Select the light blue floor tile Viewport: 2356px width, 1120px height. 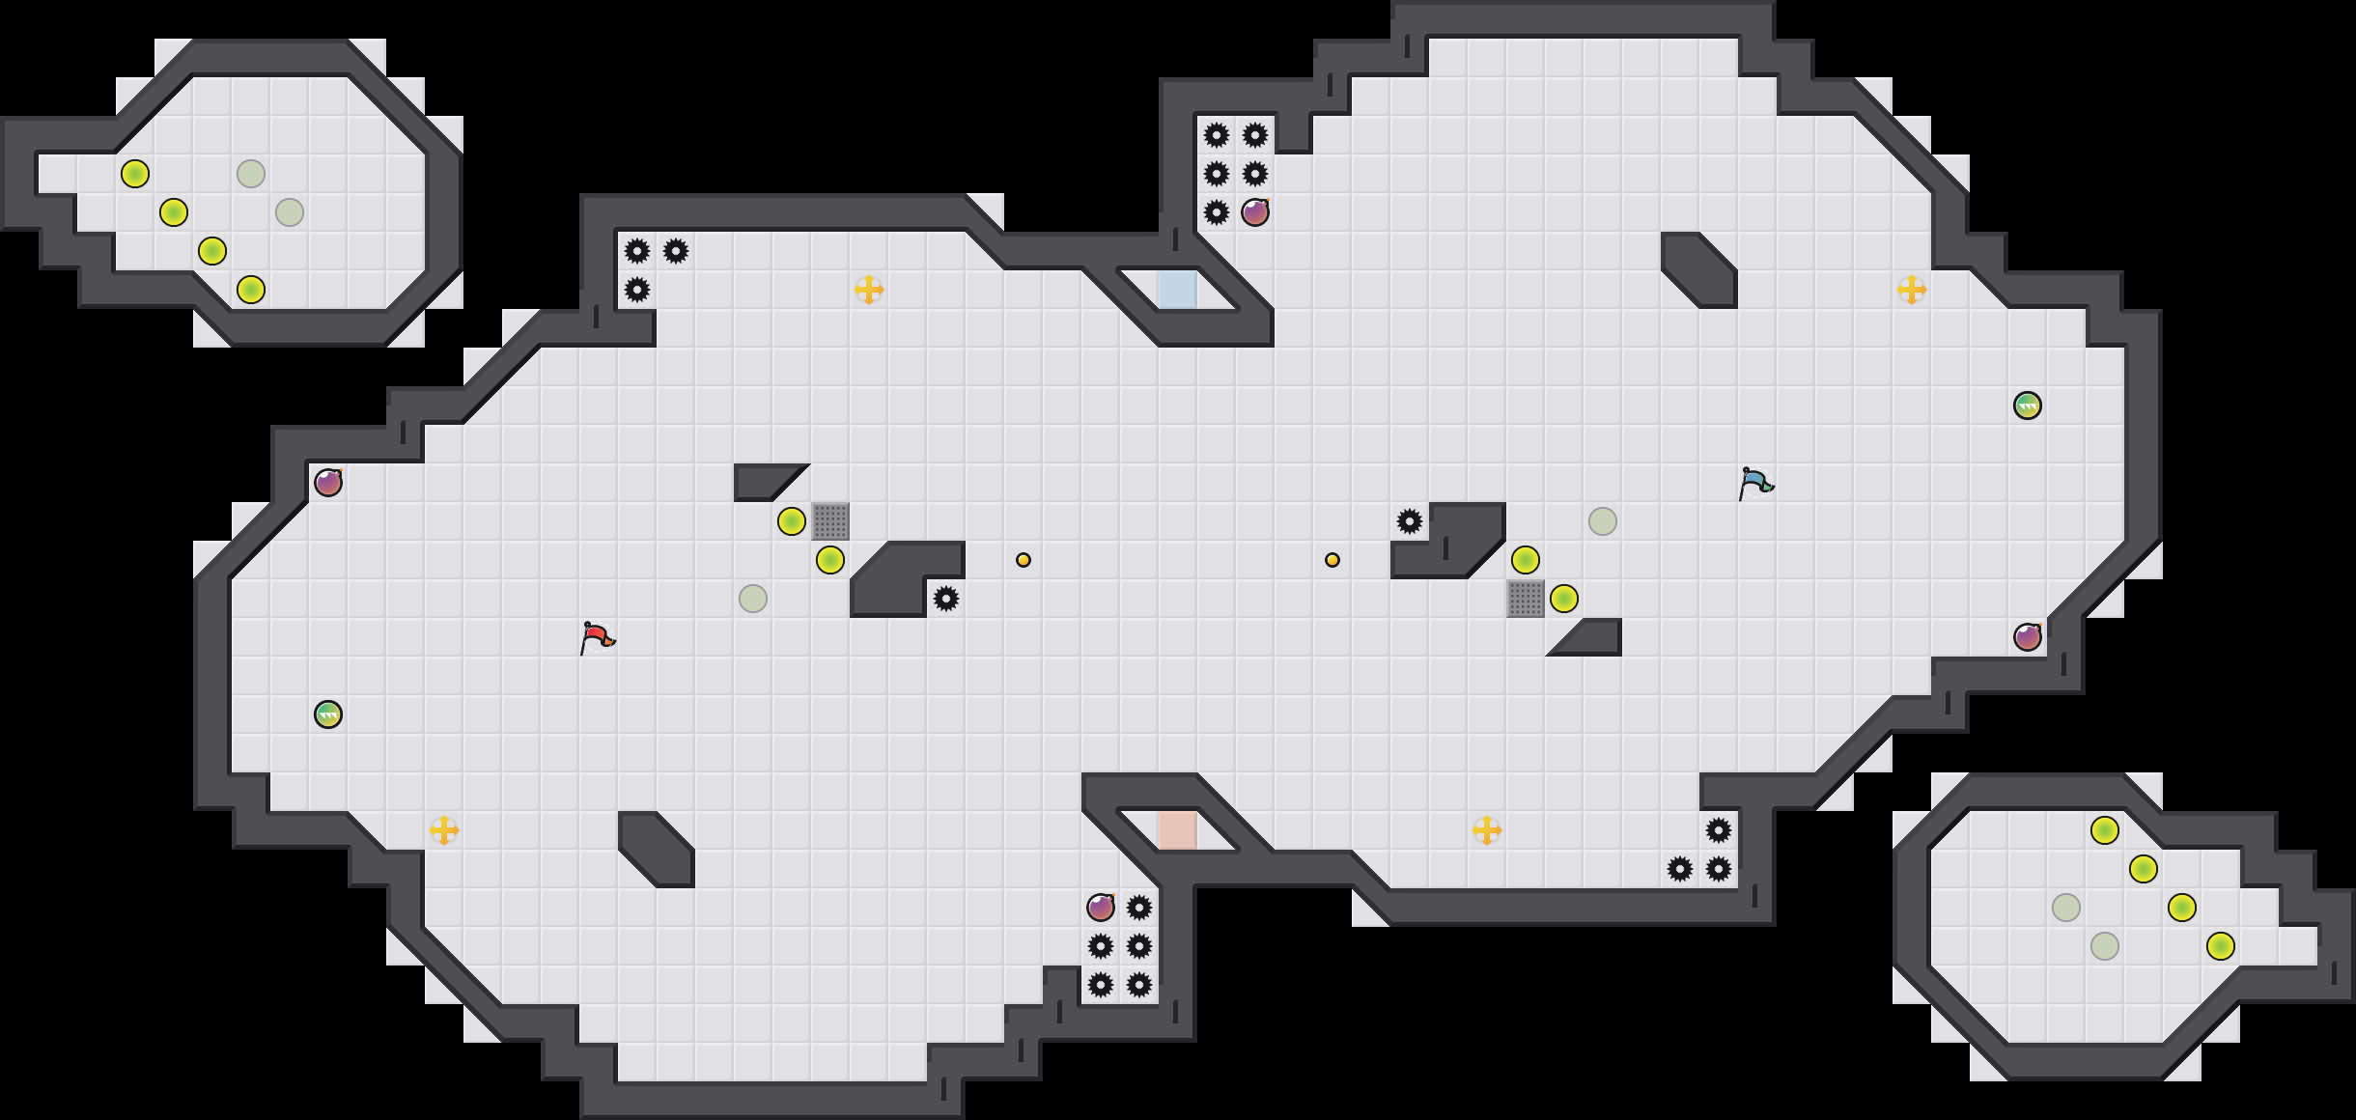(1177, 290)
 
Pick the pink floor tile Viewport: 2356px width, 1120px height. (1177, 830)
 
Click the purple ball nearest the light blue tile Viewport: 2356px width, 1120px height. (1255, 212)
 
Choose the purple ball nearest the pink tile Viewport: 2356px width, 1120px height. (1101, 908)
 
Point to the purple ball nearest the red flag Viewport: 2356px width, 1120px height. (328, 483)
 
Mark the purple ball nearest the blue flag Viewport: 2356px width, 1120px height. (2028, 637)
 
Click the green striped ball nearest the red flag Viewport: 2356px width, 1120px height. (328, 714)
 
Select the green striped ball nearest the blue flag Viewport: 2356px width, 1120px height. (2028, 406)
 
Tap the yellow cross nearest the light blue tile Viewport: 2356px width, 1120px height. (869, 290)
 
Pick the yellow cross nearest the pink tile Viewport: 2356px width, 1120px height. (1487, 830)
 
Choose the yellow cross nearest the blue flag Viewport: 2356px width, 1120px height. (1912, 290)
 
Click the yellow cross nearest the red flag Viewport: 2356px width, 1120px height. (444, 830)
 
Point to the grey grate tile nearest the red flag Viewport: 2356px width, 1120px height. (830, 521)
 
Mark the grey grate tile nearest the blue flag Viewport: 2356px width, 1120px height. (1526, 599)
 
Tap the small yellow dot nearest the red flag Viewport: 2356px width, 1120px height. (1024, 560)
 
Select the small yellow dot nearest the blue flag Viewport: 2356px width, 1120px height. (1332, 560)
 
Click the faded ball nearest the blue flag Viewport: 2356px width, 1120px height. (1603, 521)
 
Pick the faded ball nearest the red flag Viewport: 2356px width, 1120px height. (753, 599)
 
